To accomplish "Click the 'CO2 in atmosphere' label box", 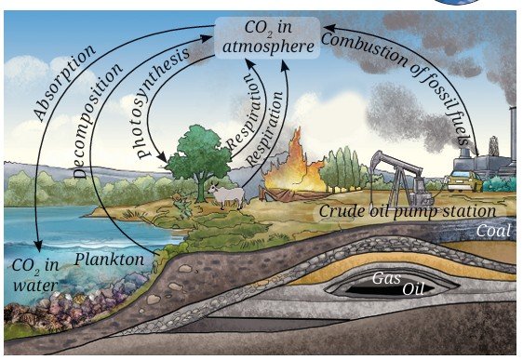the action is [267, 37].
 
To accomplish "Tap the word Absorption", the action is [64, 83].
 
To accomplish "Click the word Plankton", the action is [109, 260].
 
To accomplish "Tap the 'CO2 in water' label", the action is [35, 275].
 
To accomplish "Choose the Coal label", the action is [493, 231].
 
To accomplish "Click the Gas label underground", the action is [386, 278].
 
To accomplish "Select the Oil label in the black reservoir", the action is [413, 289].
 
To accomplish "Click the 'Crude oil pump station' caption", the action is [408, 211].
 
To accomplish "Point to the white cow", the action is [227, 196].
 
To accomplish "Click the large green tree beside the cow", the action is [199, 160].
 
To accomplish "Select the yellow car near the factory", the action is [464, 181].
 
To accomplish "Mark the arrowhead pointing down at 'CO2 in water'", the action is [39, 247].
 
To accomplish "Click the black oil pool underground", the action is [390, 289].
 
